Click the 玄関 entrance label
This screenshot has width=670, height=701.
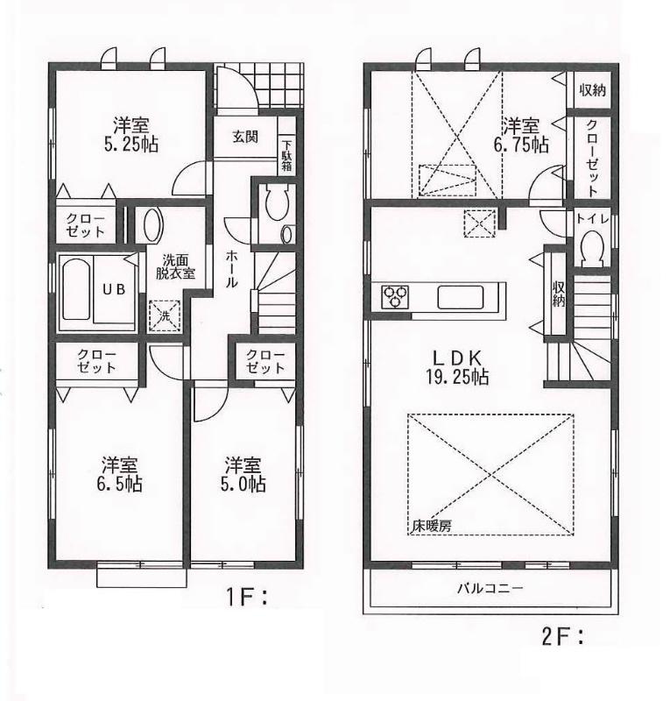click(245, 137)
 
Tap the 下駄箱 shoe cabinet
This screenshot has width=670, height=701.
click(286, 157)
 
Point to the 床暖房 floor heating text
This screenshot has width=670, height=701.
click(434, 527)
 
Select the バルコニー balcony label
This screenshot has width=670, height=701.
click(490, 588)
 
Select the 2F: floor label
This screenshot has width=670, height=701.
click(563, 639)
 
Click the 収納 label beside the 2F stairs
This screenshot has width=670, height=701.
click(558, 293)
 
